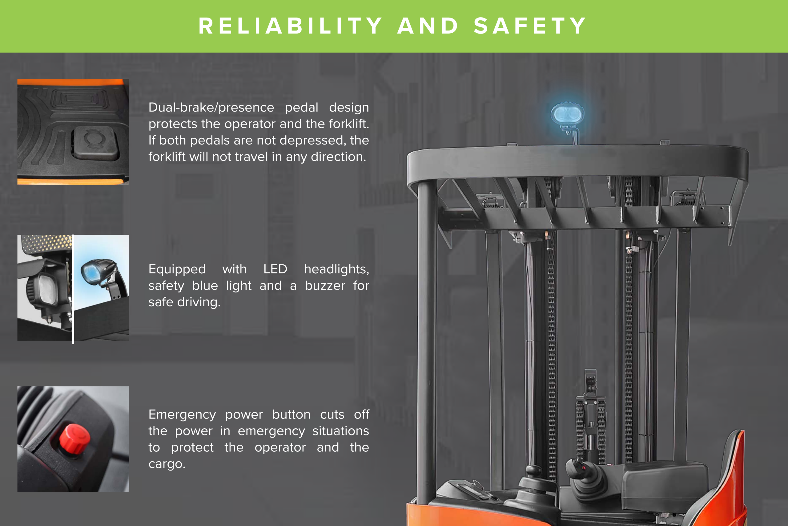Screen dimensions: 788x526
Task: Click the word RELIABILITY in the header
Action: point(290,26)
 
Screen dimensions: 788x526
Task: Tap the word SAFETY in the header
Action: point(530,26)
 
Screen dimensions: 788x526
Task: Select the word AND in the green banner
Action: point(428,26)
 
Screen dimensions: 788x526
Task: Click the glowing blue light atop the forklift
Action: point(567,114)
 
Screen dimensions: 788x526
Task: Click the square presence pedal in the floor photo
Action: point(95,142)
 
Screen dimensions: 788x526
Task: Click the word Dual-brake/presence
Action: point(211,108)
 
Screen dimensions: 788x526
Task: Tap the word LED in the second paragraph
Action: point(275,269)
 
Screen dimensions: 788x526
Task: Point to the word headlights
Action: point(336,269)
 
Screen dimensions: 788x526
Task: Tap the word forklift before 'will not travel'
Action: point(167,157)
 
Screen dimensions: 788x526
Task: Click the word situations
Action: point(340,431)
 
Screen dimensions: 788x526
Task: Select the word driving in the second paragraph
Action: point(199,303)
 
